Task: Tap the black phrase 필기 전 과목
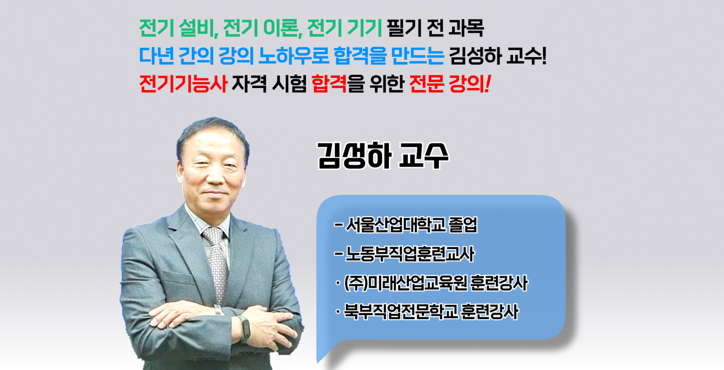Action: tap(436, 28)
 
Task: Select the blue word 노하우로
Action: tap(294, 56)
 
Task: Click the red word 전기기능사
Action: tap(183, 83)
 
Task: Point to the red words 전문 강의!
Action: tap(450, 83)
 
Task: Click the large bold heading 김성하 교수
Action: tap(383, 156)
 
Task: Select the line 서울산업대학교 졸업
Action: tap(406, 225)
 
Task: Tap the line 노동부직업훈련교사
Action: tap(404, 254)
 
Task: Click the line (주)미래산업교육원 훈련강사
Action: tap(432, 283)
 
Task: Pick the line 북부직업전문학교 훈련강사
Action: tap(428, 312)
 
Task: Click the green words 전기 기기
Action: tap(345, 28)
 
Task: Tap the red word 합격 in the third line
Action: tap(329, 83)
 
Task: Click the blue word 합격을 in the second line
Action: tap(360, 56)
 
